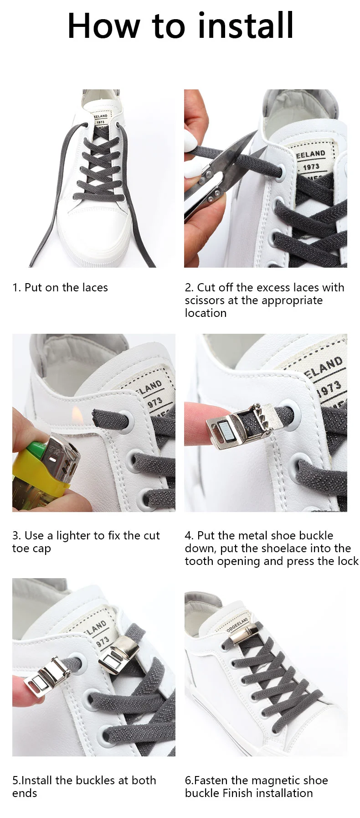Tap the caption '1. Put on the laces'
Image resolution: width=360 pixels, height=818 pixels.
pyautogui.click(x=60, y=288)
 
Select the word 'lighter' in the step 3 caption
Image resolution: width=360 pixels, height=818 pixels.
pyautogui.click(x=73, y=536)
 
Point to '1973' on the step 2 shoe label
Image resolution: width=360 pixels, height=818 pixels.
pyautogui.click(x=311, y=166)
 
